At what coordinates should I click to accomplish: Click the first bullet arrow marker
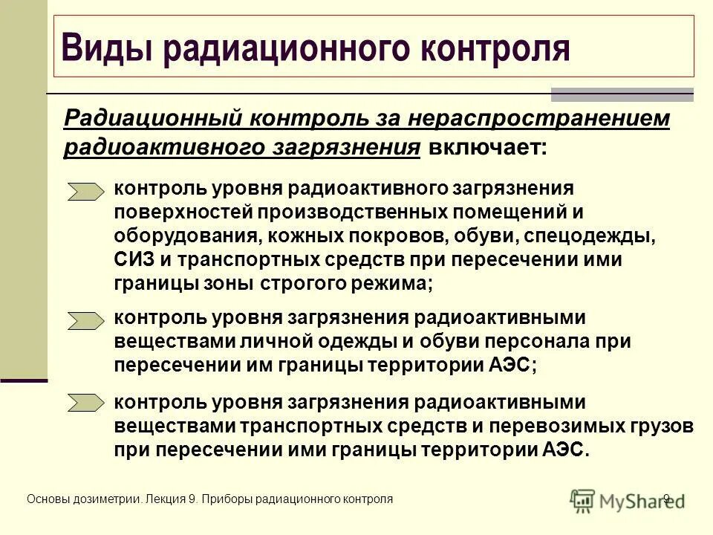point(86,192)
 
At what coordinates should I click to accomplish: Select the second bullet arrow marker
point(86,320)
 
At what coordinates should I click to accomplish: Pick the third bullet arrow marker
point(86,403)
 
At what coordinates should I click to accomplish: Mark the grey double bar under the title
point(622,94)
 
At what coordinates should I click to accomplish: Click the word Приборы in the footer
point(226,499)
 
